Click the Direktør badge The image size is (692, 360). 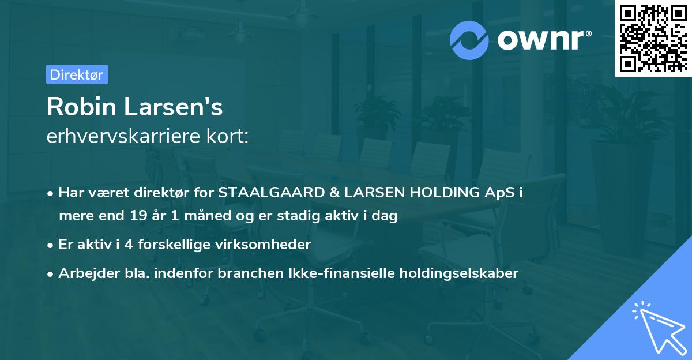coord(77,74)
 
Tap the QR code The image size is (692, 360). coord(653,39)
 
